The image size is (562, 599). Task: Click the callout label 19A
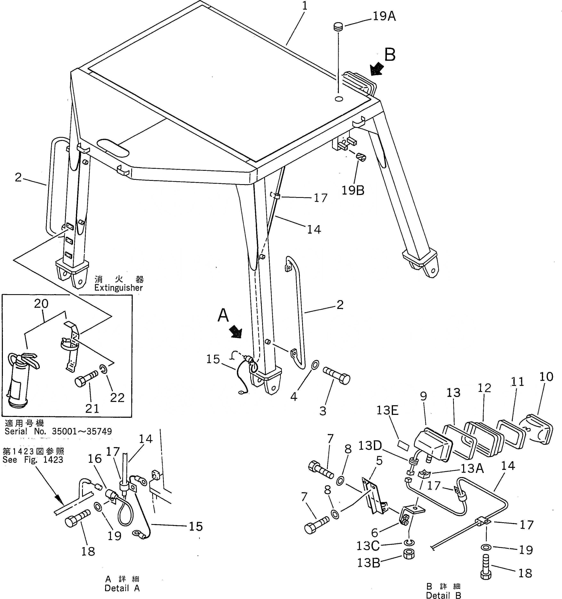[384, 17]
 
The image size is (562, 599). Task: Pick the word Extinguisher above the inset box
[118, 288]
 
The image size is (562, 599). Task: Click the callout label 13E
[387, 410]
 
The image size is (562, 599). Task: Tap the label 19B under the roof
[353, 190]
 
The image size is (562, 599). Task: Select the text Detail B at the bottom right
[443, 595]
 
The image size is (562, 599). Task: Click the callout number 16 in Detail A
[95, 459]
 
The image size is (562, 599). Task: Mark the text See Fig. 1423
[33, 460]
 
